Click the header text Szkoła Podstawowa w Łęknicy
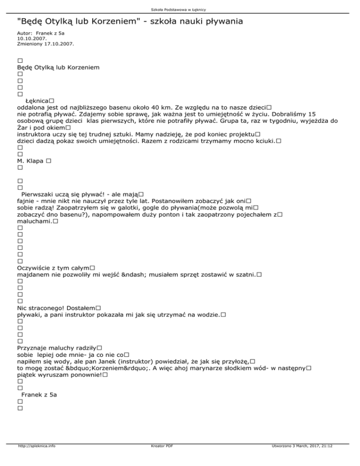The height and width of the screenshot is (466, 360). (180, 9)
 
